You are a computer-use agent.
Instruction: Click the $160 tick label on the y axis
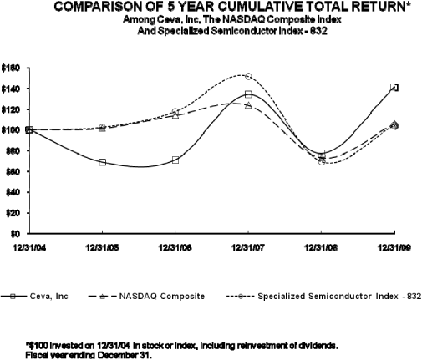(13, 67)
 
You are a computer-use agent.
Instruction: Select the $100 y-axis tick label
(13, 129)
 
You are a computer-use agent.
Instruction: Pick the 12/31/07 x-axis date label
(247, 247)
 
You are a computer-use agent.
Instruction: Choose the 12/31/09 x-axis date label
(394, 247)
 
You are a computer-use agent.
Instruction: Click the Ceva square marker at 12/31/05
(102, 162)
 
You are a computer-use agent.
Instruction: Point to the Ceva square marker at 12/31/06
(175, 160)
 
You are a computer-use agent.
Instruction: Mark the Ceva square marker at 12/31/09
(394, 87)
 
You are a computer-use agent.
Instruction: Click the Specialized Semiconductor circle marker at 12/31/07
(248, 76)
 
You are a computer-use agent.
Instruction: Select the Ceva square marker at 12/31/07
(248, 94)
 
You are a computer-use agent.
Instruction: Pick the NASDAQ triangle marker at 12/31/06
(175, 114)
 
